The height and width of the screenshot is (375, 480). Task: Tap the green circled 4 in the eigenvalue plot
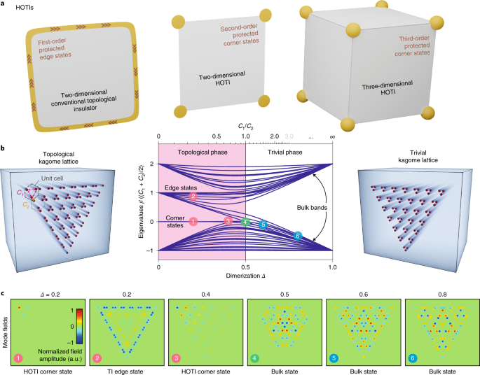[x=245, y=222]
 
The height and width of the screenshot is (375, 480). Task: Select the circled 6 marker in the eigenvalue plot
[x=298, y=236]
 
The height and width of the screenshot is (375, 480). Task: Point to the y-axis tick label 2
[x=151, y=164]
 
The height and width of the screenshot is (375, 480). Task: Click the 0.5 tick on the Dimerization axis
[x=246, y=267]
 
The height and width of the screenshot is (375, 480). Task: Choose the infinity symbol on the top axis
[x=331, y=137]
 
